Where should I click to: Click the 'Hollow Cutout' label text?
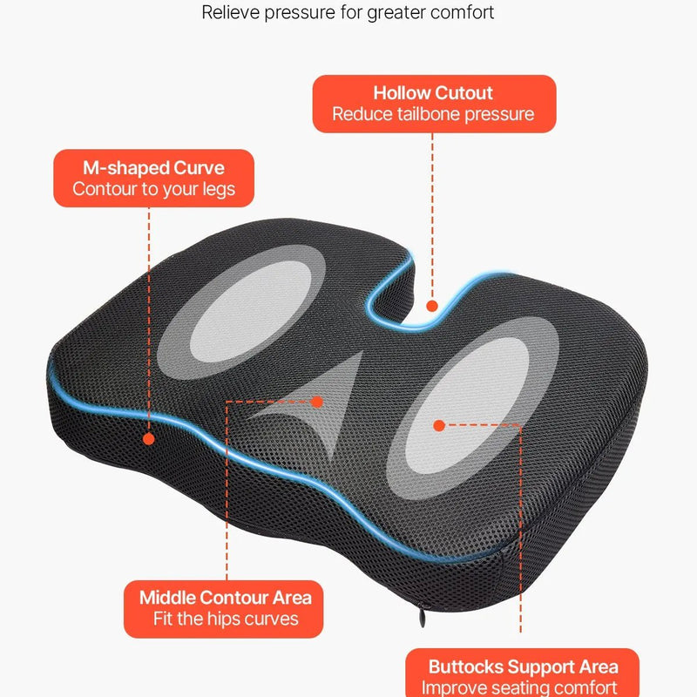click(433, 93)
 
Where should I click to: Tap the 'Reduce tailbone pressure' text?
click(433, 115)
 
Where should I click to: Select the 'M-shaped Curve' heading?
click(154, 168)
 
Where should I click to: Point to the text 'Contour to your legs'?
click(154, 189)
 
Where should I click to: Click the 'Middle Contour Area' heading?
click(226, 598)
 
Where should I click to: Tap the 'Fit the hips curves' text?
click(226, 619)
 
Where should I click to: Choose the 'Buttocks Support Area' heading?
click(524, 667)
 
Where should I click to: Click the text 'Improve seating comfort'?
click(519, 687)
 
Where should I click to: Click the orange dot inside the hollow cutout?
click(432, 306)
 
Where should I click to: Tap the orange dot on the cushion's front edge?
click(149, 439)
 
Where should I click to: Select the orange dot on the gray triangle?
click(317, 402)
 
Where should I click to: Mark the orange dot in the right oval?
click(439, 425)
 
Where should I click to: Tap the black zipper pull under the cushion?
click(422, 617)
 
